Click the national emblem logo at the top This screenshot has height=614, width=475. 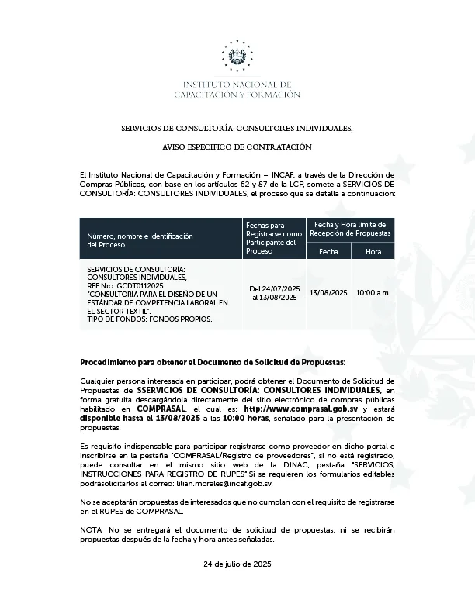(237, 55)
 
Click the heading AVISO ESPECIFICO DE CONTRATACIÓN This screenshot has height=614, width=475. (237, 147)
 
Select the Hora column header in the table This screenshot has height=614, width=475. (373, 251)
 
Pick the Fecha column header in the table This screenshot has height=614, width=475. (328, 251)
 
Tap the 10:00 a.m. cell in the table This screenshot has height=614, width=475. (373, 292)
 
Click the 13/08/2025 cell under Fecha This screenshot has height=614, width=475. (328, 292)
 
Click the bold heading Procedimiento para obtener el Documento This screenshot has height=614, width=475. (213, 362)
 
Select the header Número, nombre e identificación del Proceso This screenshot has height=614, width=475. (140, 240)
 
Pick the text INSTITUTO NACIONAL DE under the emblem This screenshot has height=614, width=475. (237, 84)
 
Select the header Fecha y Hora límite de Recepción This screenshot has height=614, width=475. (351, 228)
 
